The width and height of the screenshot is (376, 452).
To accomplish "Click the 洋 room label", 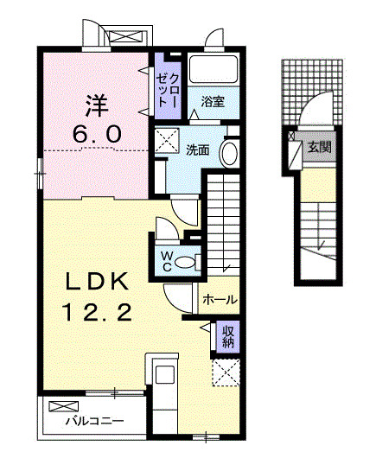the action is click(97, 105).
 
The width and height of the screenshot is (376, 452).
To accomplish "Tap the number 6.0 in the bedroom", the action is click(96, 134).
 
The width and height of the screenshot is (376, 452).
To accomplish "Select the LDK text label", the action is click(97, 282).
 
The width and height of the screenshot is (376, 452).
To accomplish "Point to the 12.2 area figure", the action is click(97, 313).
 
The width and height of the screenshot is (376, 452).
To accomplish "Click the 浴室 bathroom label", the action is click(213, 102).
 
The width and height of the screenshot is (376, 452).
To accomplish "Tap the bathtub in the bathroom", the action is click(213, 68).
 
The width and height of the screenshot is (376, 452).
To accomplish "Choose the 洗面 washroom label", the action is click(198, 150).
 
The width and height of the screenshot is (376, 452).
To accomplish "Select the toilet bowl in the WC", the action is click(185, 263).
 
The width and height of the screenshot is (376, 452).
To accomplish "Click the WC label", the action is click(167, 262).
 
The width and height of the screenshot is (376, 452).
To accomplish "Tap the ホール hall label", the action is click(220, 300).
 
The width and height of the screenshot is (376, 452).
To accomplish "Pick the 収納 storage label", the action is click(228, 337).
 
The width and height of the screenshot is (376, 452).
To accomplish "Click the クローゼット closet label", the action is click(168, 91).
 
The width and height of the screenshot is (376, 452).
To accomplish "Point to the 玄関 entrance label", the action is click(319, 147).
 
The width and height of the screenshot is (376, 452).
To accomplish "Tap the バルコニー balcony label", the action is click(94, 422).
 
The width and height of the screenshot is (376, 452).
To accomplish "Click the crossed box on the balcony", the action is click(63, 406).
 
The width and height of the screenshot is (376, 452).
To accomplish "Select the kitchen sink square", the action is click(165, 374).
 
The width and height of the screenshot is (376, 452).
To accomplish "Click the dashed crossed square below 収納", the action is click(226, 372).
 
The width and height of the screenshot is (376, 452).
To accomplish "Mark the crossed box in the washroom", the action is click(167, 140).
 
